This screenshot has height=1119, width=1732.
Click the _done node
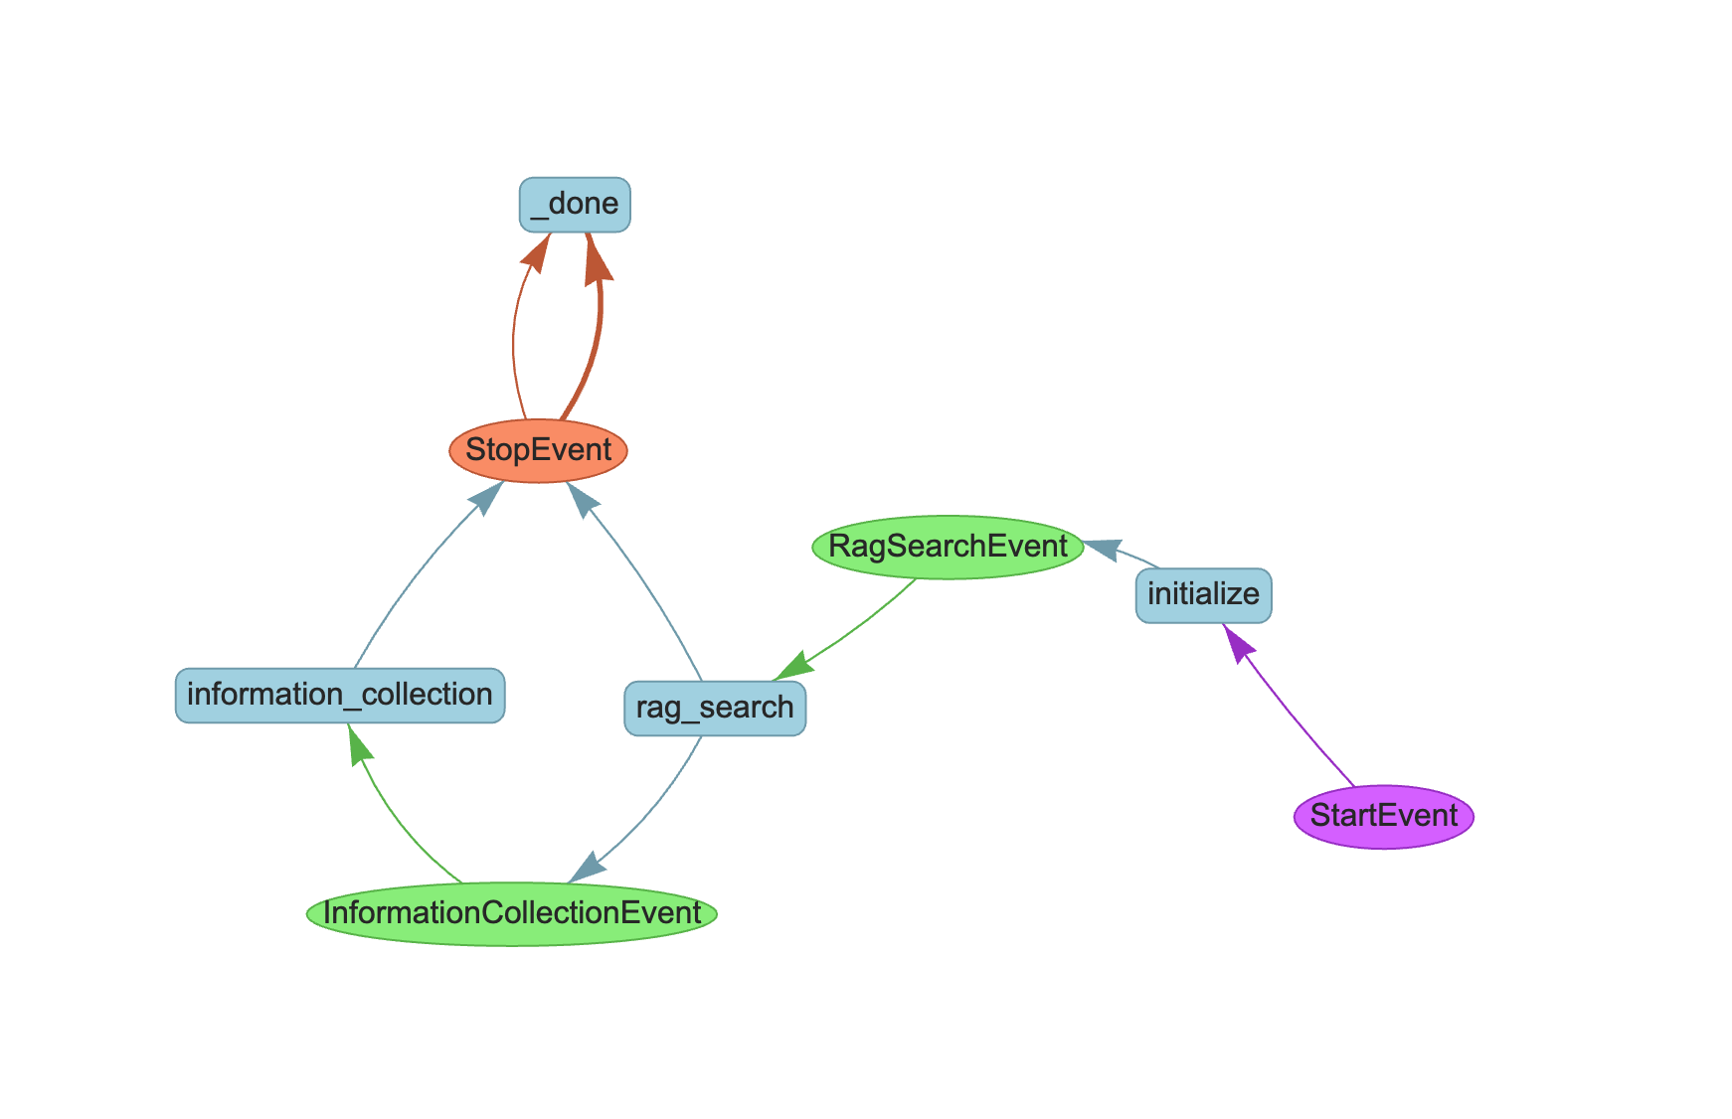pyautogui.click(x=575, y=205)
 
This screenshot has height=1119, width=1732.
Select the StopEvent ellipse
pyautogui.click(x=538, y=450)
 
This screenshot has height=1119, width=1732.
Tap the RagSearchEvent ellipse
pyautogui.click(x=948, y=547)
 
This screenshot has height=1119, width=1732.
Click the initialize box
pyautogui.click(x=1203, y=595)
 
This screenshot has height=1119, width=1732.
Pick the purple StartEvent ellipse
pyautogui.click(x=1383, y=816)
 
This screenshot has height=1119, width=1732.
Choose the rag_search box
pyautogui.click(x=715, y=709)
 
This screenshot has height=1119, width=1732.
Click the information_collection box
pyautogui.click(x=340, y=695)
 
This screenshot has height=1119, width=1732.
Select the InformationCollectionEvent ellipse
pyautogui.click(x=512, y=913)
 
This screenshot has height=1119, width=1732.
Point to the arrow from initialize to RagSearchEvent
pyautogui.click(x=1128, y=555)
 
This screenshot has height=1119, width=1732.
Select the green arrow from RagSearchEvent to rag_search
pyautogui.click(x=860, y=626)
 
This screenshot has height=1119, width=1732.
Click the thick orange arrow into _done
pyautogui.click(x=595, y=338)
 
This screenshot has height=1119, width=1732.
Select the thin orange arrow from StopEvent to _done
pyautogui.click(x=515, y=338)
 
